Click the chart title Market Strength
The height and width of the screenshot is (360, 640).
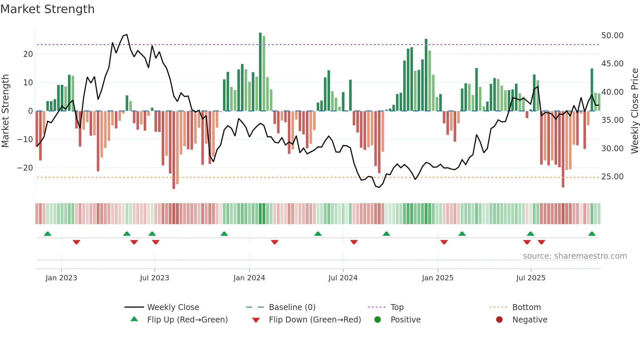click(x=47, y=9)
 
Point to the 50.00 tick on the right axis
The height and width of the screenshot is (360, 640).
click(x=612, y=35)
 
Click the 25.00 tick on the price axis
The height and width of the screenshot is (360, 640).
click(x=612, y=177)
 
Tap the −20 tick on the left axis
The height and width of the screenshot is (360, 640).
click(x=25, y=168)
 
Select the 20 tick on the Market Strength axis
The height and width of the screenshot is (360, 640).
click(x=28, y=54)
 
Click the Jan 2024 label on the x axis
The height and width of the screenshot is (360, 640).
click(x=249, y=278)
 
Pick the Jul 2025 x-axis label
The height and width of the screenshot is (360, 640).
click(x=531, y=278)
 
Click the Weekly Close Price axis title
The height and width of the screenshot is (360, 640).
click(x=634, y=111)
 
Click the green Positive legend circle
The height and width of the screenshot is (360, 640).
click(x=378, y=320)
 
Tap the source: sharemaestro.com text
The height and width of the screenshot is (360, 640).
click(x=575, y=256)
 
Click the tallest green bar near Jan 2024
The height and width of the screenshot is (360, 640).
click(x=260, y=72)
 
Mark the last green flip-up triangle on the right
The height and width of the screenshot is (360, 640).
click(x=592, y=234)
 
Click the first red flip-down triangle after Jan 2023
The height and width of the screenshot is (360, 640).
click(x=76, y=242)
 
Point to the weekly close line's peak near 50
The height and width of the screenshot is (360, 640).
click(x=127, y=35)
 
